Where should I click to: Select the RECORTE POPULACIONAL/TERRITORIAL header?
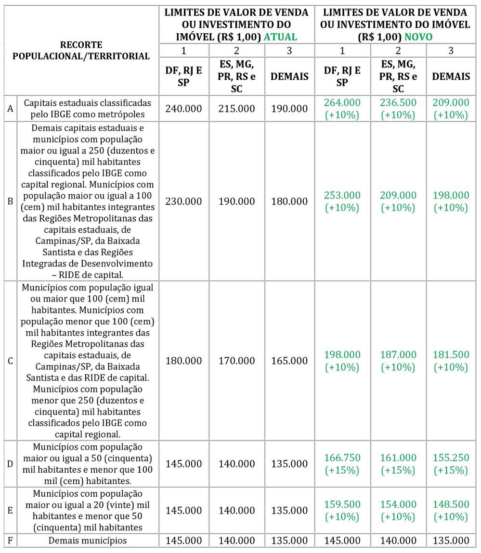(81, 50)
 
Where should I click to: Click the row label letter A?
(10, 109)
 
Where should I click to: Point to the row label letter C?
(10, 361)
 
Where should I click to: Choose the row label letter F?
(10, 540)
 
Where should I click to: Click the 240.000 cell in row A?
(183, 109)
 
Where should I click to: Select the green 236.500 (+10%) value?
(398, 109)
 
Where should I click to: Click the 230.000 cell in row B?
(183, 201)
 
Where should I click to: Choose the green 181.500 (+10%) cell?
(451, 361)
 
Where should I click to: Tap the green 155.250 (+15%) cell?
(451, 464)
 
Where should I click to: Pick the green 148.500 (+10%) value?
(451, 510)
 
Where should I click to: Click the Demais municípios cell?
(88, 540)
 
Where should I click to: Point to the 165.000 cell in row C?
(289, 361)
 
